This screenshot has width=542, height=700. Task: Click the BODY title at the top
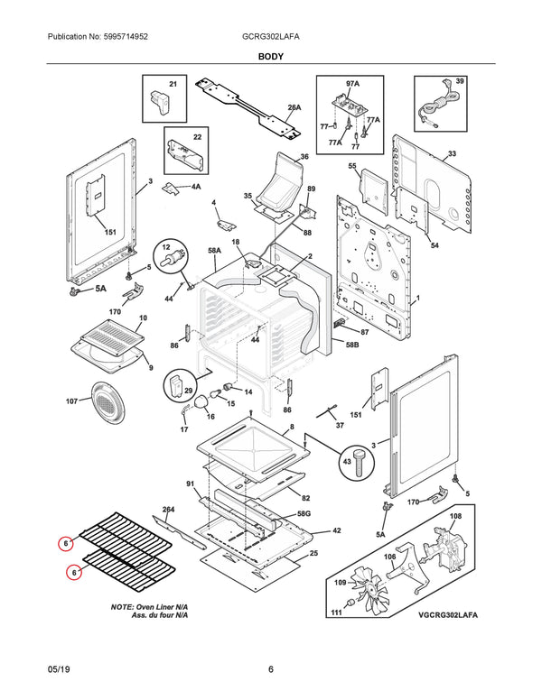[x=270, y=57]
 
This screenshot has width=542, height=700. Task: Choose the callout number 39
[x=460, y=82]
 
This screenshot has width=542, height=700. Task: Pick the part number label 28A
[x=294, y=107]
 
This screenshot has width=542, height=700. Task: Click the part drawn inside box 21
[x=162, y=97]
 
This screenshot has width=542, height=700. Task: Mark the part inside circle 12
[x=167, y=259]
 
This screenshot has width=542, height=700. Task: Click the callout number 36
[x=304, y=157]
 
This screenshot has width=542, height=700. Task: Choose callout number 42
[x=336, y=531]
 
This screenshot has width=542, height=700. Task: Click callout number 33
[x=451, y=154]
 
